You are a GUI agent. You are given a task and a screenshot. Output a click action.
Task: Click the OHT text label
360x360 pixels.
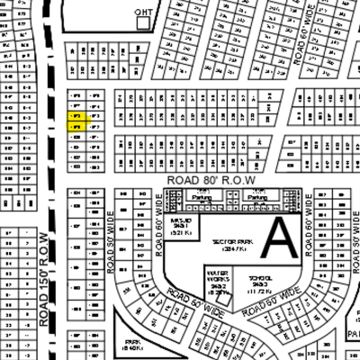tap(142, 12)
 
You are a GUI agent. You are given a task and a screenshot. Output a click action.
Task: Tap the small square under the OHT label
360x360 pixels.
tap(142, 24)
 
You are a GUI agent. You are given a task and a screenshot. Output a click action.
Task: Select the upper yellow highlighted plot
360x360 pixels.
tap(76, 117)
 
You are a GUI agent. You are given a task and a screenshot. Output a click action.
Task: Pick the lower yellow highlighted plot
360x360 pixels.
tap(76, 128)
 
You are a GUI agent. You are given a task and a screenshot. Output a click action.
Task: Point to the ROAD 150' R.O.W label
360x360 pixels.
tap(44, 279)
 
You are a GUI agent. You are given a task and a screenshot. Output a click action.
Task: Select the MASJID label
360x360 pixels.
tap(180, 227)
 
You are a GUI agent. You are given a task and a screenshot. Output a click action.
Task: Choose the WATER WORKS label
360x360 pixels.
tap(217, 281)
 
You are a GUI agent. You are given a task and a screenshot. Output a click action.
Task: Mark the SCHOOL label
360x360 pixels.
tap(260, 283)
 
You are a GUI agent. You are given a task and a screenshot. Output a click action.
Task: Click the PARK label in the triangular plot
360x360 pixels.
tap(133, 345)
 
